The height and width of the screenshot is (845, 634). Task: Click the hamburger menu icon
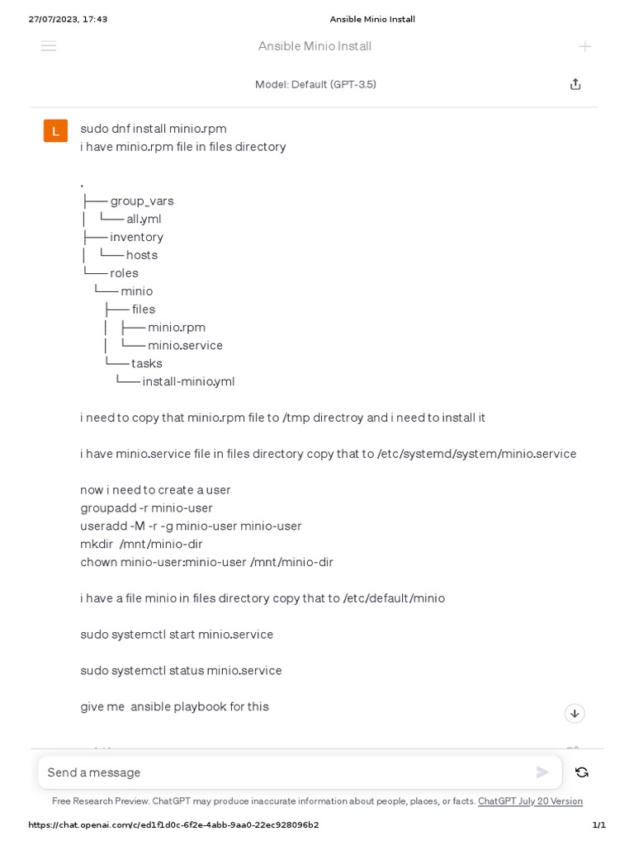49,46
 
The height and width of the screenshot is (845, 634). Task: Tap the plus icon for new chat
584,46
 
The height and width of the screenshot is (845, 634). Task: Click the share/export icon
575,84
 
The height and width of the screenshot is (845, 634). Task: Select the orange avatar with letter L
55,130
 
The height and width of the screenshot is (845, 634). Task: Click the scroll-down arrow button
575,713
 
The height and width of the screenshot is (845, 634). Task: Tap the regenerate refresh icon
582,772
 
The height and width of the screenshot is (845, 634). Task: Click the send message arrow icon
542,772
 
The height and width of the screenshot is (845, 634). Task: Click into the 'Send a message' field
281,772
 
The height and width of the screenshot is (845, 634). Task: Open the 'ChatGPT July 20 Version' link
530,801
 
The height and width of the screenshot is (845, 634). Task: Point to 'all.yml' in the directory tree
144,219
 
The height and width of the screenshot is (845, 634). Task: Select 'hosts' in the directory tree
142,255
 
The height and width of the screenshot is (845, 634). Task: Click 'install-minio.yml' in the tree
188,381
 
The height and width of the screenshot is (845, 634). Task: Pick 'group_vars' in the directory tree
142,201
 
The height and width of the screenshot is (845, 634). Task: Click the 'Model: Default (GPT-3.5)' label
315,84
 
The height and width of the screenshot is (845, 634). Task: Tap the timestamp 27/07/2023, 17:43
68,19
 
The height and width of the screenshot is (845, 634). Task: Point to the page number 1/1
599,824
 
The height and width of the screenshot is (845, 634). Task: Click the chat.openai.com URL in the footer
173,824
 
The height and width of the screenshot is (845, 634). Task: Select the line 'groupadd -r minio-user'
146,507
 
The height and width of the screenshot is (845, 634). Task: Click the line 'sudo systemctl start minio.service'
177,634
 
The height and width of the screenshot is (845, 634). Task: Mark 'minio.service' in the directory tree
185,345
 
